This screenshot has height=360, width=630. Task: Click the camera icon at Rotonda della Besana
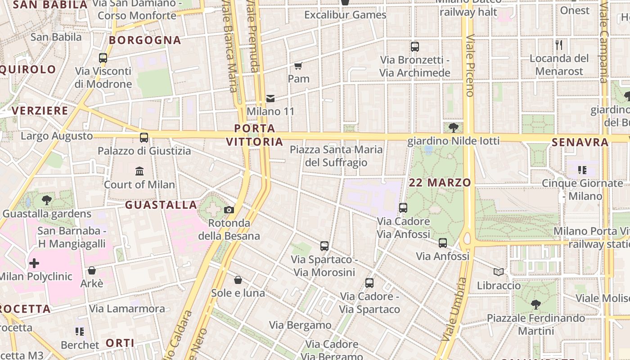point(229,210)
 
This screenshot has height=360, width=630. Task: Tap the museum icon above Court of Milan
point(139,171)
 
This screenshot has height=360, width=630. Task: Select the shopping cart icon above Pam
point(298,66)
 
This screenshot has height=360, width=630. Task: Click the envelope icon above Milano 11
point(270,98)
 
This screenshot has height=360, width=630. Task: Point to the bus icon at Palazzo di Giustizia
point(144,138)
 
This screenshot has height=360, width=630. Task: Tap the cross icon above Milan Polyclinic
point(34,263)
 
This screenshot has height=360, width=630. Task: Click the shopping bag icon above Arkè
point(92,270)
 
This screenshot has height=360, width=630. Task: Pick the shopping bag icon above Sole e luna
point(238,280)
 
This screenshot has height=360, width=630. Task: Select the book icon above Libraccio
point(499,272)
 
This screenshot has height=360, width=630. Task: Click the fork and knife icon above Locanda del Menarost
point(559,45)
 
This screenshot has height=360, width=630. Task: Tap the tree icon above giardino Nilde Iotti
point(454,128)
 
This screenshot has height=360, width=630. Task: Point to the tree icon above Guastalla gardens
point(46,200)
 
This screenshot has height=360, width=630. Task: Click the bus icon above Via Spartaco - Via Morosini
point(324,246)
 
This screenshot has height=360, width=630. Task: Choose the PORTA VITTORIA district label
point(255,135)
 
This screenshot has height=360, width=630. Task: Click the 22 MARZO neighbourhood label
point(440,183)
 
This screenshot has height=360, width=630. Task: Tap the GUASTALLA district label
point(161,205)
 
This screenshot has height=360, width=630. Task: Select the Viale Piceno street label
point(470,66)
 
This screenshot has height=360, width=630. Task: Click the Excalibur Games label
point(345,15)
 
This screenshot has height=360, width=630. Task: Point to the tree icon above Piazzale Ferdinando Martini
point(535,305)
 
